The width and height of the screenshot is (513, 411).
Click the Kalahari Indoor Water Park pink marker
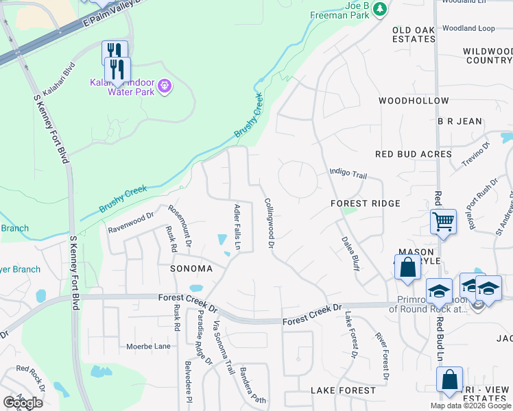pos(163,86)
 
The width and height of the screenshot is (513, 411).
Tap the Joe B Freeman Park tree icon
pos(379,9)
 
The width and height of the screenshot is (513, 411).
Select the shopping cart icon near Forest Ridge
pos(443,222)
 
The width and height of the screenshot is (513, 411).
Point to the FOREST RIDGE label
pos(365,203)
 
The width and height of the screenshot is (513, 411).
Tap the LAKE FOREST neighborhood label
pos(343,390)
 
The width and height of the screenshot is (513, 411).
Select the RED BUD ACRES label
pos(414,154)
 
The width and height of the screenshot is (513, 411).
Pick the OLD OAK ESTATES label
pos(414,34)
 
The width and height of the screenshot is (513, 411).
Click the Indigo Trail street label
pos(348,174)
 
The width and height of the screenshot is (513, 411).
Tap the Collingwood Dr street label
pos(270,223)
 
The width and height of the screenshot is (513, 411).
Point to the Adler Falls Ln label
pos(238,227)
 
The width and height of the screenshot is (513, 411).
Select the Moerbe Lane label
pos(148,347)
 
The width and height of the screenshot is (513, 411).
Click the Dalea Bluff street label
pos(349,253)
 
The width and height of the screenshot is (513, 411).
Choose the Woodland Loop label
pos(468,29)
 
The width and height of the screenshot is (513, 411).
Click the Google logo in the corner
pos(23,403)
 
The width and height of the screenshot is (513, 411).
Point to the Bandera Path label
pos(252,386)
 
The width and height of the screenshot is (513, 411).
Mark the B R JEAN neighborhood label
pos(460,121)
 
